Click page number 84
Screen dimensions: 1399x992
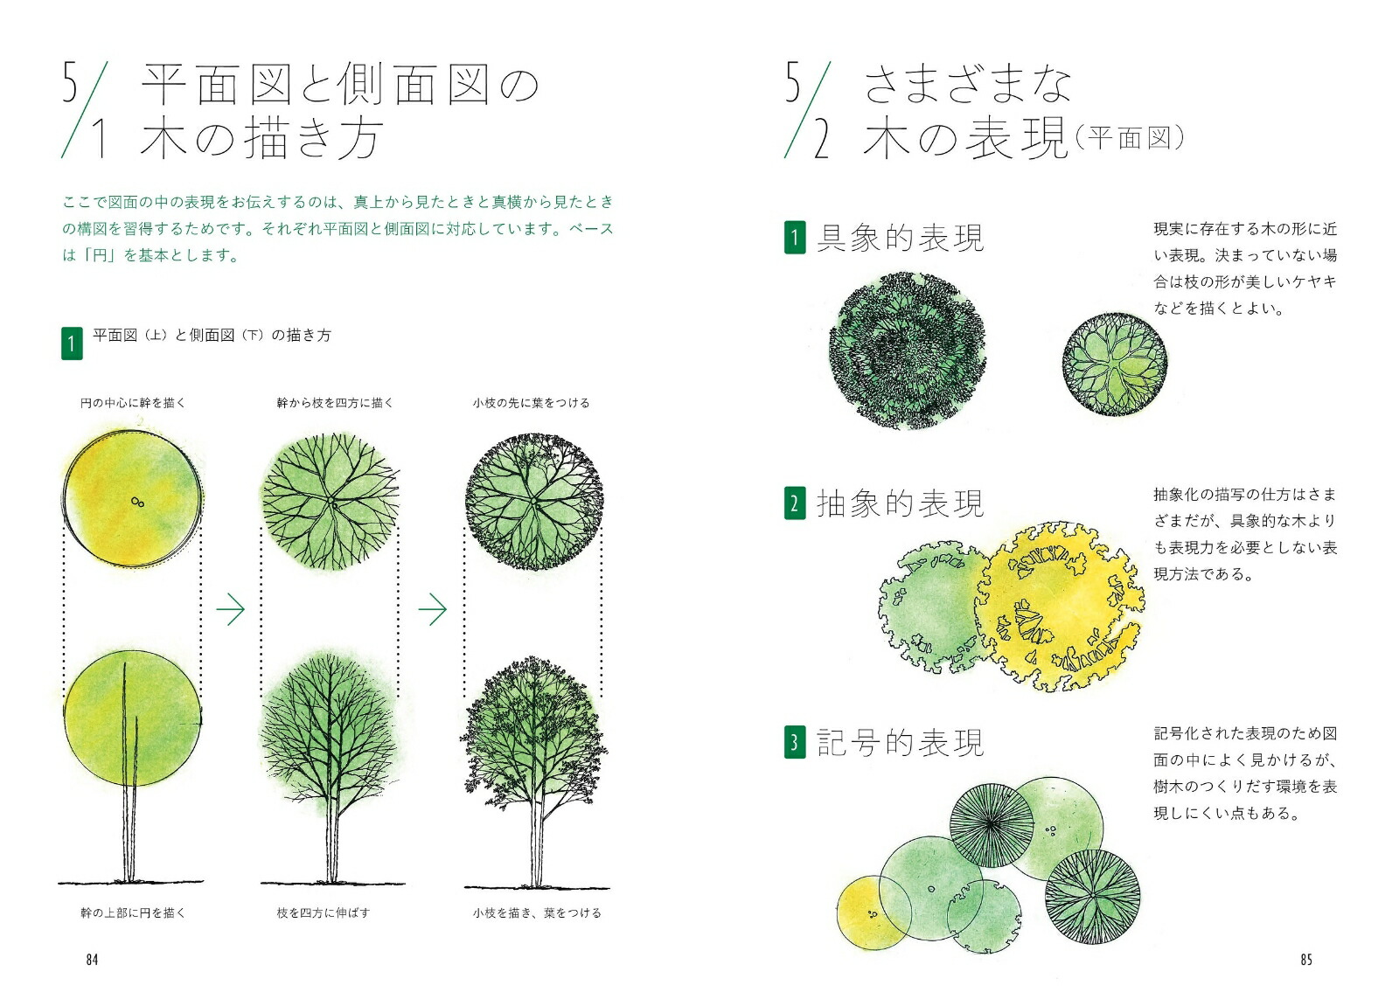(x=92, y=960)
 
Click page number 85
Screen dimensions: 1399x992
(x=1306, y=960)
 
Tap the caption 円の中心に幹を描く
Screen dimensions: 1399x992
(x=133, y=403)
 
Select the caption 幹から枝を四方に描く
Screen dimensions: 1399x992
(x=336, y=403)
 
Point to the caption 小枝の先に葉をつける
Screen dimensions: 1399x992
(x=532, y=403)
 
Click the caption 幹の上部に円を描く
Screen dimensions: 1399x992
(x=133, y=912)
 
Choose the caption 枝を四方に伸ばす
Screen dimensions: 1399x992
(x=324, y=912)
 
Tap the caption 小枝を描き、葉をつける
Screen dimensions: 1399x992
(x=537, y=912)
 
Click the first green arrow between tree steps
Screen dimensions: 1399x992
(x=231, y=609)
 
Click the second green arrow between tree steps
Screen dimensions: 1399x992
(x=432, y=609)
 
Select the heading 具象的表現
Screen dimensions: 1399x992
(x=901, y=238)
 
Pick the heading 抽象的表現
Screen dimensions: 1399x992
(x=901, y=503)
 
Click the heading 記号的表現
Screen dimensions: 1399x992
(x=901, y=742)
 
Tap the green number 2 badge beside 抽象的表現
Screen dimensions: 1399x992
(x=795, y=503)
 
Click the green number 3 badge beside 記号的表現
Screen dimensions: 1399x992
(x=795, y=742)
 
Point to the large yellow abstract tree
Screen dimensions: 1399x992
(x=1060, y=607)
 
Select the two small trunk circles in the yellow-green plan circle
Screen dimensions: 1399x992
(x=138, y=502)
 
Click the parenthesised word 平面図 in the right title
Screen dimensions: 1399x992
(x=1129, y=138)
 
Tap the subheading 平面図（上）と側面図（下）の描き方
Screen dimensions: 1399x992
(x=212, y=336)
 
